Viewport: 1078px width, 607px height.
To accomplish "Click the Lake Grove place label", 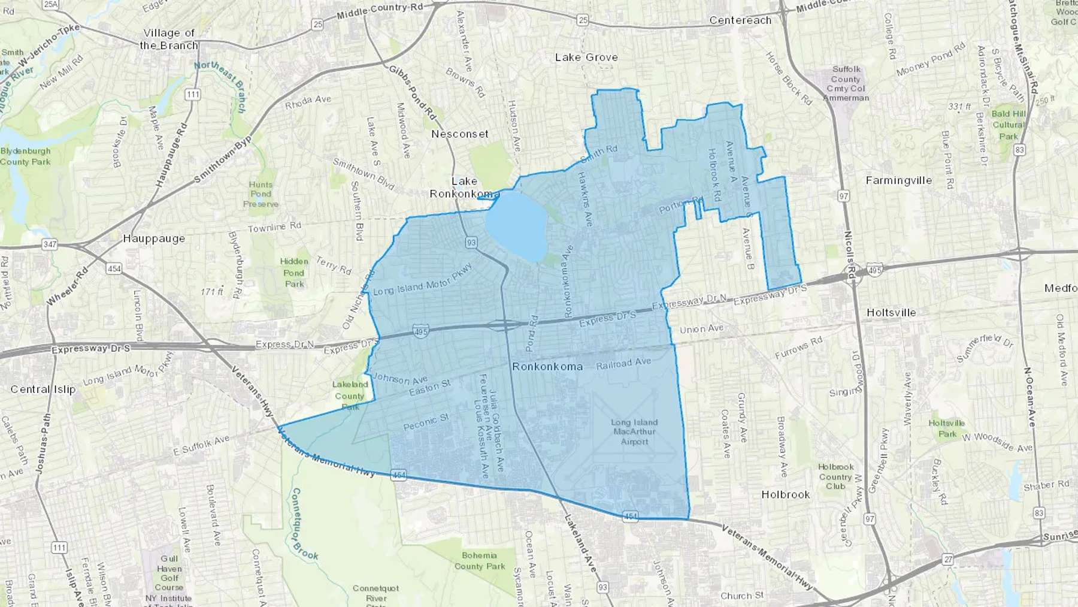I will pyautogui.click(x=586, y=58).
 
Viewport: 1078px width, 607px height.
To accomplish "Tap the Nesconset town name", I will pyautogui.click(x=460, y=134).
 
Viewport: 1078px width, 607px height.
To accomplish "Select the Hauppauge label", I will pyautogui.click(x=154, y=238).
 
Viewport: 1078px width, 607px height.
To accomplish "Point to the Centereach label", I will pyautogui.click(x=740, y=20).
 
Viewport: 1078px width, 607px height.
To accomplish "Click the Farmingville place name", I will pyautogui.click(x=898, y=180).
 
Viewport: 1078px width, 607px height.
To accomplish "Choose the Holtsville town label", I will pyautogui.click(x=891, y=313).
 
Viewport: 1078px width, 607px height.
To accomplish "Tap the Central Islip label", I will pyautogui.click(x=43, y=389).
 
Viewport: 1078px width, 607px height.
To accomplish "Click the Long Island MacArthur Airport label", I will pyautogui.click(x=634, y=431).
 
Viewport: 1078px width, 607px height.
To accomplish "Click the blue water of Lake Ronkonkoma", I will pyautogui.click(x=516, y=228).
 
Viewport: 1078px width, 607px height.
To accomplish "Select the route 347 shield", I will pyautogui.click(x=50, y=244).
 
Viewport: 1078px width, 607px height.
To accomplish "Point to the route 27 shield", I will pyautogui.click(x=947, y=560).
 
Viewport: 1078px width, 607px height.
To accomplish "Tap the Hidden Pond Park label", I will pyautogui.click(x=294, y=273).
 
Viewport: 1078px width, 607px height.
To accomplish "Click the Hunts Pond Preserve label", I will pyautogui.click(x=261, y=194).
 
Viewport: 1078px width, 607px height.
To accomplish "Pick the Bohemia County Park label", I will pyautogui.click(x=480, y=561).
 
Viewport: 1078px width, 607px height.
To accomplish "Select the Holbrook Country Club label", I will pyautogui.click(x=835, y=476).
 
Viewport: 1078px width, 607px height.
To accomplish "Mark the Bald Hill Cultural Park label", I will pyautogui.click(x=1009, y=125).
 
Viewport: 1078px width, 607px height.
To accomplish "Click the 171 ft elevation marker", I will pyautogui.click(x=212, y=292).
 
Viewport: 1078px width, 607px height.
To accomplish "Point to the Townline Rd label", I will pyautogui.click(x=274, y=228).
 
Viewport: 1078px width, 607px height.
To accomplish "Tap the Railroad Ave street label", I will pyautogui.click(x=623, y=363).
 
